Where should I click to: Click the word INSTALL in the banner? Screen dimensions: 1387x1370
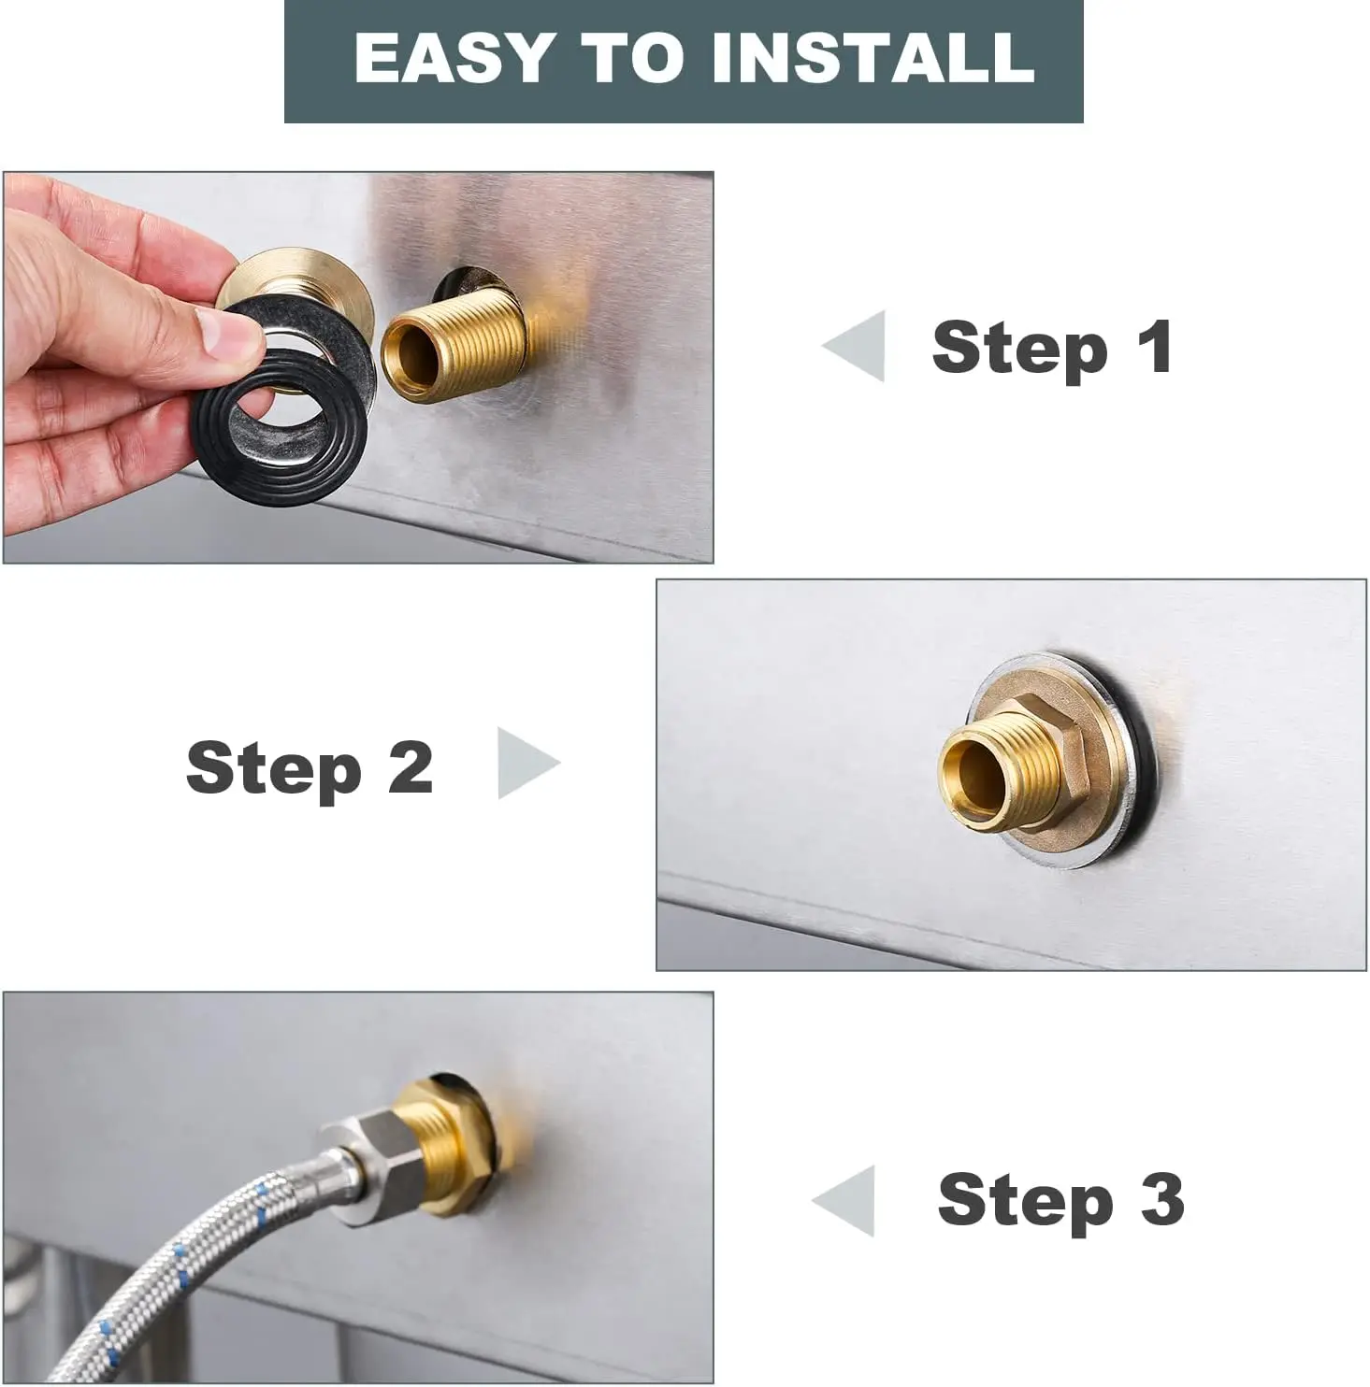[x=872, y=58]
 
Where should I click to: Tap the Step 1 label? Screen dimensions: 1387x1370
[x=1052, y=348]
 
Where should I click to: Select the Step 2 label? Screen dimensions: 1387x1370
[x=310, y=767]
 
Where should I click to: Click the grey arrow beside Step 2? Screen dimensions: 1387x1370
[x=525, y=764]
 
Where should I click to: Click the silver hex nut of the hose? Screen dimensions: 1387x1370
[x=383, y=1151]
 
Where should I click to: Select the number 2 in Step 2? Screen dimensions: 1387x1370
[x=410, y=767]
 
